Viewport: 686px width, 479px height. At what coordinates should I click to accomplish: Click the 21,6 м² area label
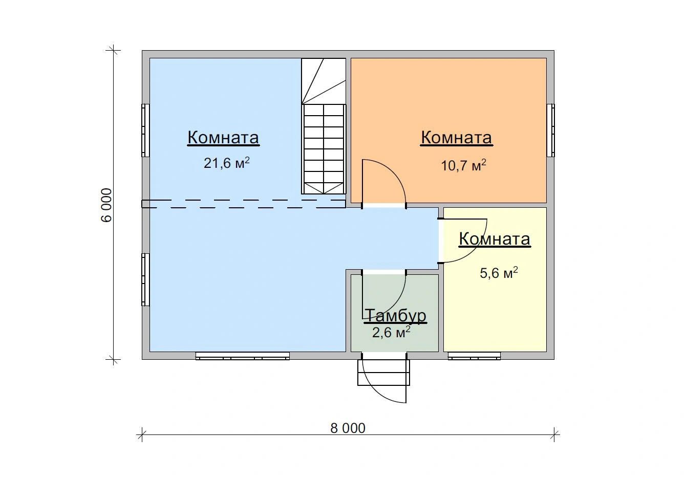pyautogui.click(x=227, y=163)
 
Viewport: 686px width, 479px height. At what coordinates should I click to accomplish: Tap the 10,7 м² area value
pyautogui.click(x=463, y=165)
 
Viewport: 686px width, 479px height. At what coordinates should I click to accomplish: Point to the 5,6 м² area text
pyautogui.click(x=499, y=273)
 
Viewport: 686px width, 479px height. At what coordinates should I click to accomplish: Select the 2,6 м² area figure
pyautogui.click(x=391, y=332)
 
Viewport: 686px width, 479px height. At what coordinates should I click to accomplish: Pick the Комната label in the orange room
pyautogui.click(x=456, y=138)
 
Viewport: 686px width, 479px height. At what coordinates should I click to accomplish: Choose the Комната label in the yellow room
pyautogui.click(x=495, y=239)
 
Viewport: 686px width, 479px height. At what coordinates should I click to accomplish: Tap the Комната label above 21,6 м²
pyautogui.click(x=223, y=138)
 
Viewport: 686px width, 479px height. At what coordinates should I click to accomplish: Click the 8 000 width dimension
pyautogui.click(x=348, y=428)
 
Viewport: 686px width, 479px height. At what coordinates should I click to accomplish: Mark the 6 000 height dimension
pyautogui.click(x=106, y=205)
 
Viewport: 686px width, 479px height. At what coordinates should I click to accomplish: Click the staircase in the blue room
pyautogui.click(x=324, y=126)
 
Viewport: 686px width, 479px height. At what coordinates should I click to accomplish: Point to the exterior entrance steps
pyautogui.click(x=383, y=372)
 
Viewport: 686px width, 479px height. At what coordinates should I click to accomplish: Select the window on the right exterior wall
pyautogui.click(x=551, y=130)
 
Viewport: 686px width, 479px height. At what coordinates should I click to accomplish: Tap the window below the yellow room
pyautogui.click(x=474, y=356)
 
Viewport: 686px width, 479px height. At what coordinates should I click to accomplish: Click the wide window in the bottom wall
pyautogui.click(x=243, y=356)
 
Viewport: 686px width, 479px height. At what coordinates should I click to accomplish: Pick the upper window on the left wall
pyautogui.click(x=145, y=130)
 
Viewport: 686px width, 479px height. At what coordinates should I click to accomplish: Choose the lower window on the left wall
pyautogui.click(x=145, y=279)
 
